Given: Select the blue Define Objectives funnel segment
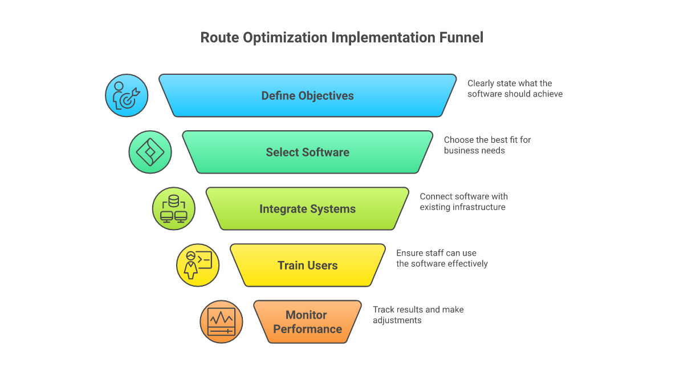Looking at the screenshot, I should pyautogui.click(x=307, y=95).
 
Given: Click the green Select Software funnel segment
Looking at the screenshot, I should pyautogui.click(x=307, y=152).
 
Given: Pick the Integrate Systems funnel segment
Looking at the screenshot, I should pyautogui.click(x=307, y=209).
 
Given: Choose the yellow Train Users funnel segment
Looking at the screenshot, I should pyautogui.click(x=307, y=265).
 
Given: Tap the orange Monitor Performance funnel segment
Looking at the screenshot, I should pyautogui.click(x=307, y=322).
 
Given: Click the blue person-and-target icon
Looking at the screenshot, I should pyautogui.click(x=127, y=95).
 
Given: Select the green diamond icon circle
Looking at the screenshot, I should pyautogui.click(x=150, y=152).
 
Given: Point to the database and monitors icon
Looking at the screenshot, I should pyautogui.click(x=174, y=209).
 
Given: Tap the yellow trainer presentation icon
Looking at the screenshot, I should pyautogui.click(x=198, y=265).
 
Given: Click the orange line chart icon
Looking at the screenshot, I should pyautogui.click(x=221, y=322).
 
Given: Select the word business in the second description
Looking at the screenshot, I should pyautogui.click(x=460, y=151).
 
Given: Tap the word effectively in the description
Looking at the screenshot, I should pyautogui.click(x=469, y=264).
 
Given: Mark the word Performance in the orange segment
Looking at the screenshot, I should pyautogui.click(x=307, y=329).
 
